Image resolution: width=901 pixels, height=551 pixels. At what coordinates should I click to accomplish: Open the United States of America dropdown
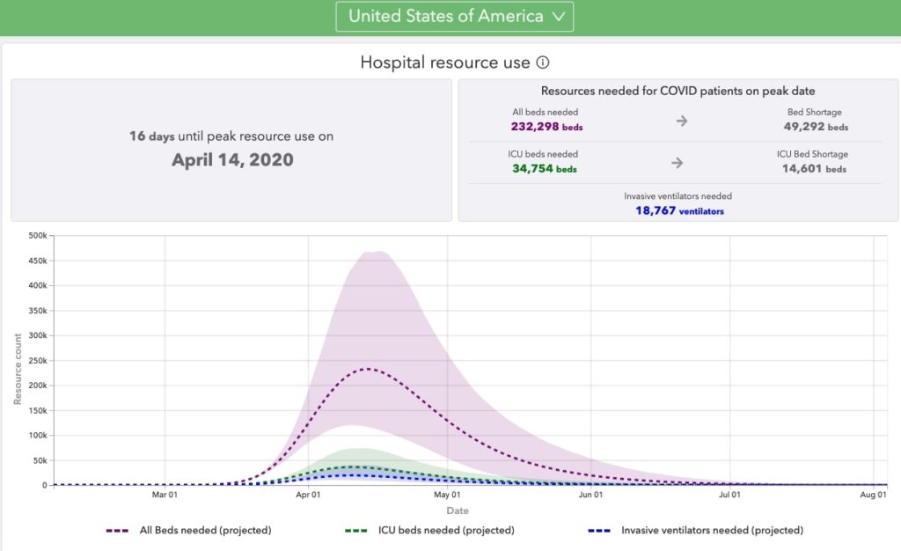(454, 16)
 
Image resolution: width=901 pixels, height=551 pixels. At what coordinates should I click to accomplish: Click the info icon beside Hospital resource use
(543, 62)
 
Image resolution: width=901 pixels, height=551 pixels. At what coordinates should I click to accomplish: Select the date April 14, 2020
(232, 160)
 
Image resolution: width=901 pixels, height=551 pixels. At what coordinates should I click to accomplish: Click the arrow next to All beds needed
(681, 121)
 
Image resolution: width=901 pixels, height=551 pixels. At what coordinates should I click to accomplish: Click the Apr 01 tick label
(309, 496)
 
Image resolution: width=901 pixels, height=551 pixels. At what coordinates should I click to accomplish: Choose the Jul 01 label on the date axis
(730, 496)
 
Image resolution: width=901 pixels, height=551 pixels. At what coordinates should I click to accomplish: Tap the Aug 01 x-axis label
(873, 496)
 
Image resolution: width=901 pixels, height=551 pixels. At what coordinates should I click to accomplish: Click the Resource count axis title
(18, 368)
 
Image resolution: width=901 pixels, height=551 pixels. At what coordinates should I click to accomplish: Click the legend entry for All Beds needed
(188, 531)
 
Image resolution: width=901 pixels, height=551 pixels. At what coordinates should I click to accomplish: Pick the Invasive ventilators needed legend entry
(695, 531)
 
